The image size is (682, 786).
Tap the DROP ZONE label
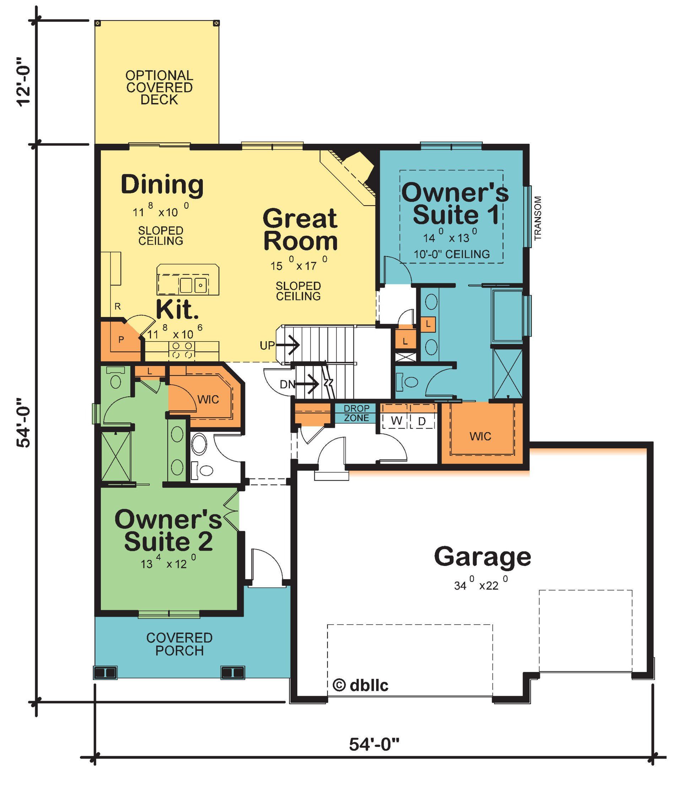pos(357,413)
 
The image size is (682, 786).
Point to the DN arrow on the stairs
pos(308,384)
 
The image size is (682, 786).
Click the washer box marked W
pos(396,421)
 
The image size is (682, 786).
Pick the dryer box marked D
pos(422,421)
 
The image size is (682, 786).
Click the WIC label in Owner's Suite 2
pos(208,399)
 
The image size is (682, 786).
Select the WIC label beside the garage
pos(480,436)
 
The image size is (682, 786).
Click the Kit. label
pos(177,310)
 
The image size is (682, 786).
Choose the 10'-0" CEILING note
pos(452,254)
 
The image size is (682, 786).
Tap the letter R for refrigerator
pos(118,306)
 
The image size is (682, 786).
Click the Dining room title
pos(162,185)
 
